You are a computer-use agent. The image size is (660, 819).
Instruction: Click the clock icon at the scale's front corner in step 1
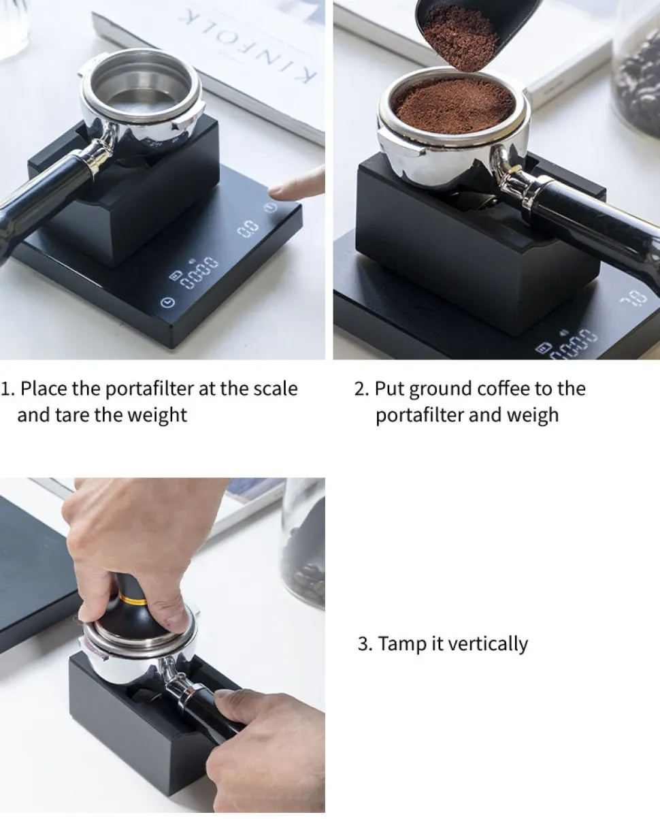point(168,302)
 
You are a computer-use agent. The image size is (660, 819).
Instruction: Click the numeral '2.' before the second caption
point(362,389)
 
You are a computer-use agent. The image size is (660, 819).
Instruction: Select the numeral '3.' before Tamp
point(365,644)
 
